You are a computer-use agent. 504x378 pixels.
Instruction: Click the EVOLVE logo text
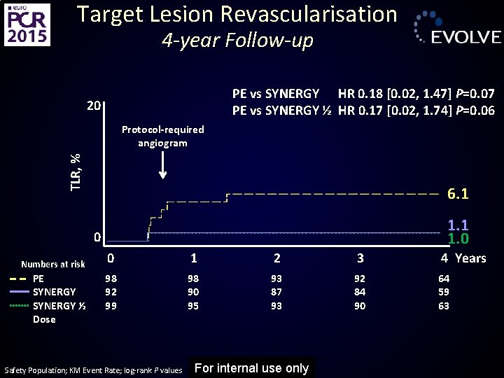pos(465,37)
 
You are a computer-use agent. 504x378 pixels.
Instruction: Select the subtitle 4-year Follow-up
pos(237,41)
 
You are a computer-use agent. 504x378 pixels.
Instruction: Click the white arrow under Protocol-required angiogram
pos(162,167)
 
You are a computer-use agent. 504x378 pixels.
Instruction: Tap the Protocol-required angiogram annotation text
pos(162,136)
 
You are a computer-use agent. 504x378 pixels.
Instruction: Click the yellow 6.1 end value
pos(458,194)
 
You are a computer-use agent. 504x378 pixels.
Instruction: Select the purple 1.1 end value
pos(458,225)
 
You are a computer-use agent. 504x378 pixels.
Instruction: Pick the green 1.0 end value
pos(458,239)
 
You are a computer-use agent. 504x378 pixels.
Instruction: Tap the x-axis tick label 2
pos(277,258)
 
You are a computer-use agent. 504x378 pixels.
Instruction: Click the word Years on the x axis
pos(470,258)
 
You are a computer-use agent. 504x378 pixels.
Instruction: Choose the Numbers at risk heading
pos(53,264)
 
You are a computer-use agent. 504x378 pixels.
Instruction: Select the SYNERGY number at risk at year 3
pos(360,292)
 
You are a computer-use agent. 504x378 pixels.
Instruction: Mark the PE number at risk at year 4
pos(444,279)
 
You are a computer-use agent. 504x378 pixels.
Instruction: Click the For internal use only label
pos(251,368)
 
